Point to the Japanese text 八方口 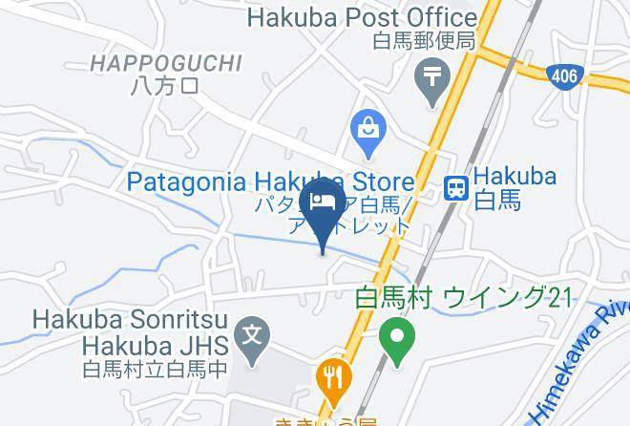click(x=164, y=87)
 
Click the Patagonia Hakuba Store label click(x=270, y=181)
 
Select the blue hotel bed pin click(x=322, y=204)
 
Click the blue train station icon click(x=457, y=188)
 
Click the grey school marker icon click(x=252, y=337)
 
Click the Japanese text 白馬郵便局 click(x=423, y=42)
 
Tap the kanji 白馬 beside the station click(x=498, y=201)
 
